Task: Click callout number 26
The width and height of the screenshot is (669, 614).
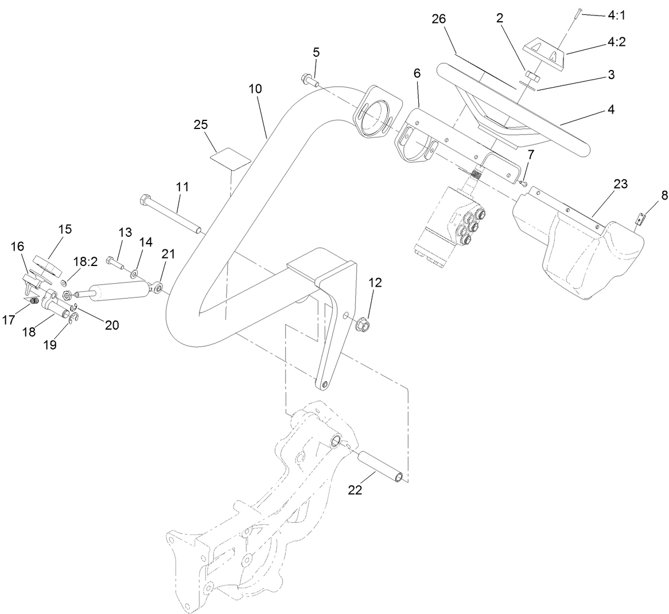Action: [x=439, y=19]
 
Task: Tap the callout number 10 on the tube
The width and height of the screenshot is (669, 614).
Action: [x=255, y=89]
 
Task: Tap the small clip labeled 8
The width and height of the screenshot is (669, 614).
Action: [x=640, y=219]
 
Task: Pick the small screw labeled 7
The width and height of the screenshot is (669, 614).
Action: [x=524, y=183]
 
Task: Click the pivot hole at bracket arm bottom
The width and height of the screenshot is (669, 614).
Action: [x=325, y=385]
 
